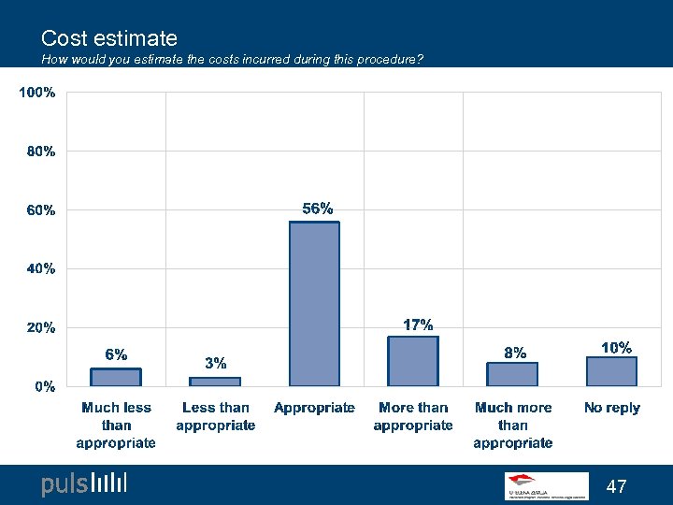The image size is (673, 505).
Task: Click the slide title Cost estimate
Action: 109,38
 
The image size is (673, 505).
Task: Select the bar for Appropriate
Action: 314,304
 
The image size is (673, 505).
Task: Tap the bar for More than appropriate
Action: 413,361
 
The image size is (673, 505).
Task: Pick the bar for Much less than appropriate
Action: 116,377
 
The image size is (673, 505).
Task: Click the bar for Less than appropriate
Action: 215,382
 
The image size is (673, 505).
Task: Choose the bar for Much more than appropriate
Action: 512,374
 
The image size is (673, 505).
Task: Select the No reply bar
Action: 611,371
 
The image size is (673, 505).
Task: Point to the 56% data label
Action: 317,209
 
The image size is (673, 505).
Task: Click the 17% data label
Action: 417,325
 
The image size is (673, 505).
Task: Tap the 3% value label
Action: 215,363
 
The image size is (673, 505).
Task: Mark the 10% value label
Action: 615,347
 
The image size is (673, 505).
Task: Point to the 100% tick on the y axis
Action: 37,93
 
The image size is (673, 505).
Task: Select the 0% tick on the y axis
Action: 44,386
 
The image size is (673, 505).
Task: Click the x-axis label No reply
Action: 611,408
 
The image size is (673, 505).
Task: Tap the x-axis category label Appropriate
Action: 314,408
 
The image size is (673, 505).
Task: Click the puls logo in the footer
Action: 83,483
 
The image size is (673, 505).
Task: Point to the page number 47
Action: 616,486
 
